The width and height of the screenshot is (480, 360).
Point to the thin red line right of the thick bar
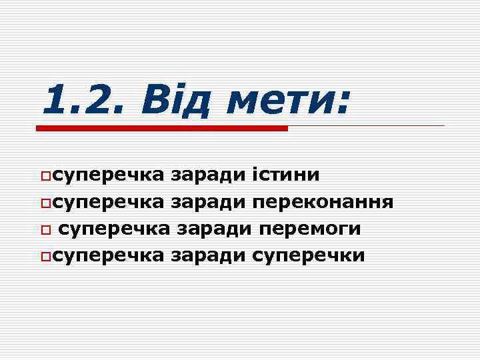tap(366, 125)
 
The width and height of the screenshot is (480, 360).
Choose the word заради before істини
tap(207, 175)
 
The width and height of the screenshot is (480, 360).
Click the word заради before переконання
tap(207, 202)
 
